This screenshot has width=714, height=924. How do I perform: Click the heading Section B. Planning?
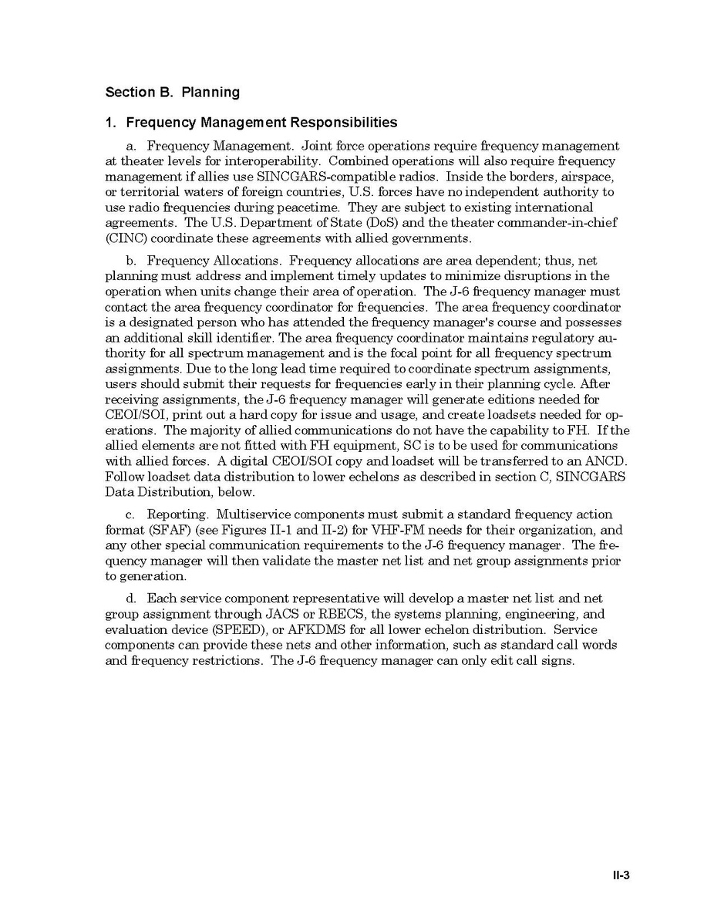click(x=172, y=93)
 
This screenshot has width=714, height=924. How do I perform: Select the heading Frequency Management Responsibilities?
click(x=261, y=123)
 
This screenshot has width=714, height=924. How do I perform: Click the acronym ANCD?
click(x=607, y=461)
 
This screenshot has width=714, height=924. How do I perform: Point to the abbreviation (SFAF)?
click(x=129, y=530)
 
